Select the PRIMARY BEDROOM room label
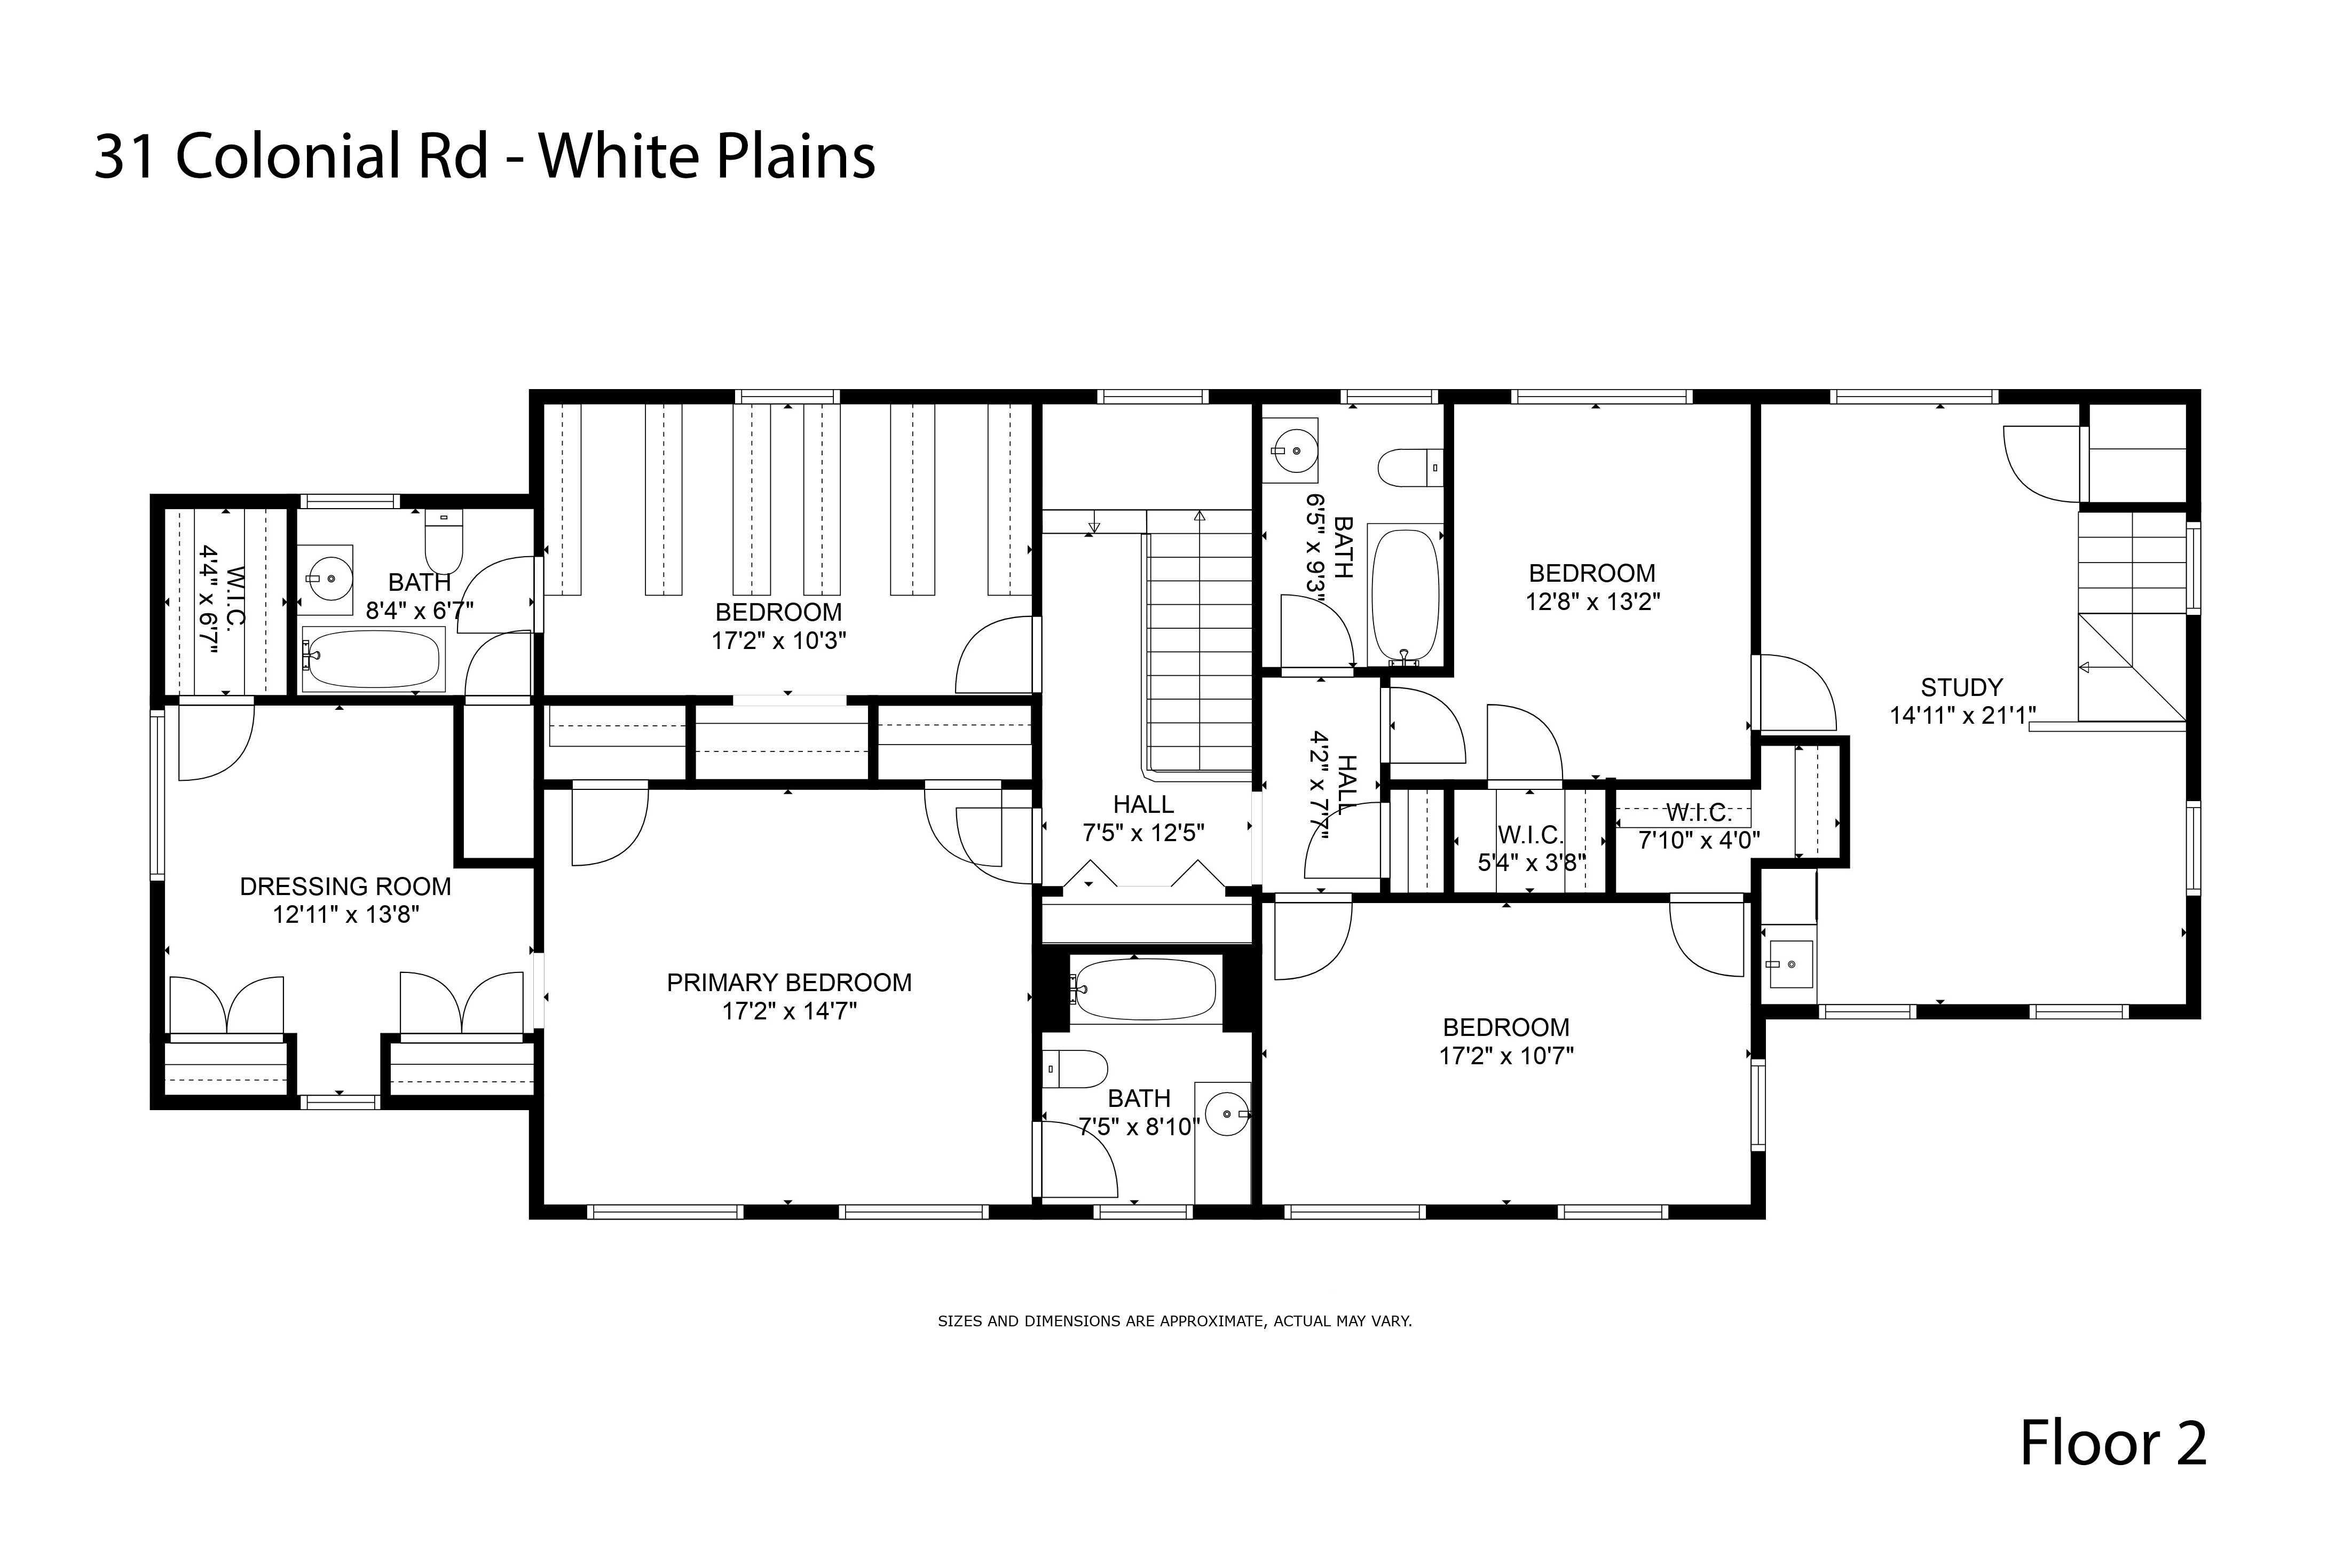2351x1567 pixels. [788, 983]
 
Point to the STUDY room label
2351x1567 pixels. [1961, 687]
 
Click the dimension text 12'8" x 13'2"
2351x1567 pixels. [1592, 602]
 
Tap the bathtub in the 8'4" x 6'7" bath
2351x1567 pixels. [372, 659]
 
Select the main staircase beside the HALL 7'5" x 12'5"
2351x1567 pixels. [1198, 650]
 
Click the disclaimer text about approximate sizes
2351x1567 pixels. [1174, 1321]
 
